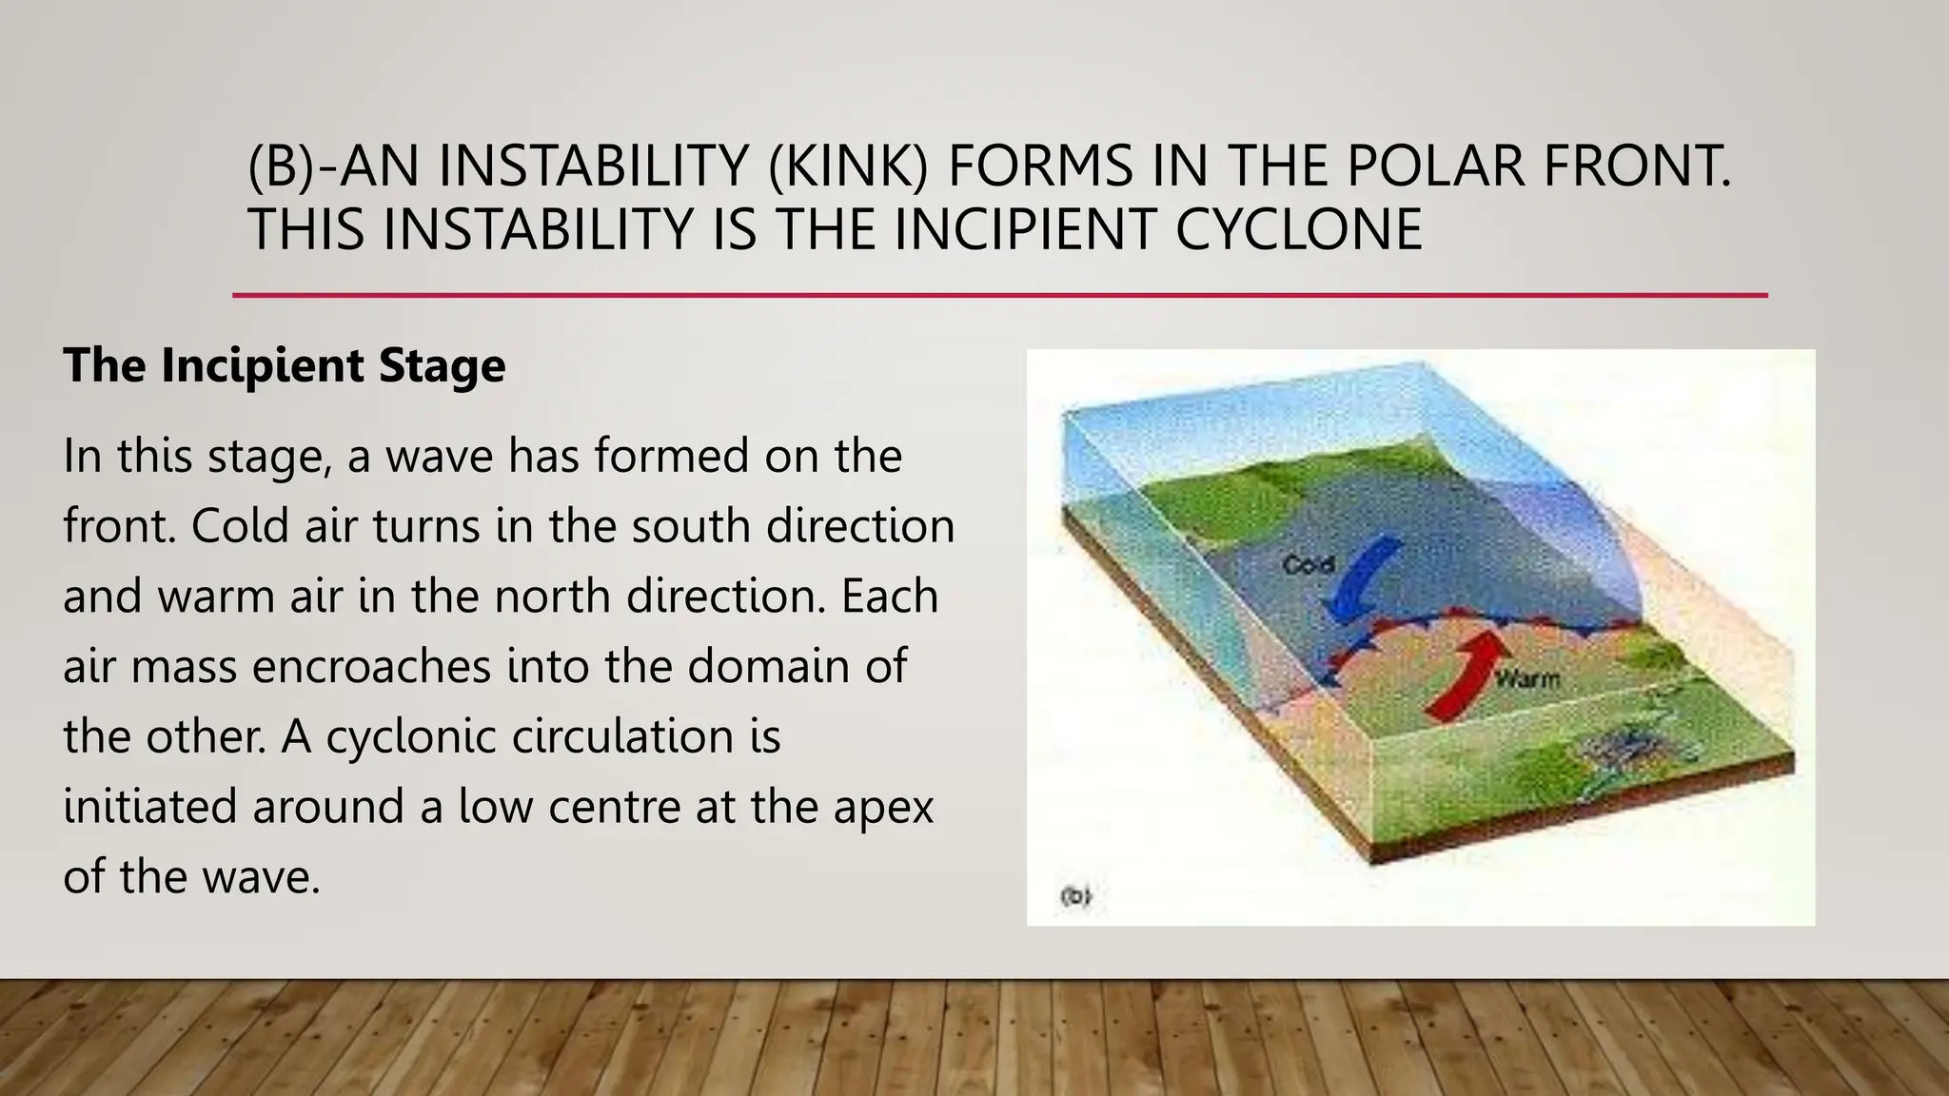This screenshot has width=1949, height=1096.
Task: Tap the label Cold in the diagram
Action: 1308,565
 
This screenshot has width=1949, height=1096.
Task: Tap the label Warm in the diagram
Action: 1526,679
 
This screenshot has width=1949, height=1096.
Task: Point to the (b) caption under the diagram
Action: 1075,896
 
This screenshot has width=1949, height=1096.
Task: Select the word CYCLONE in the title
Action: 1298,229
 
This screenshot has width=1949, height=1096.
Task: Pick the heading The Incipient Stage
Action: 284,365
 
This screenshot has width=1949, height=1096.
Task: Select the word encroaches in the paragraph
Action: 371,666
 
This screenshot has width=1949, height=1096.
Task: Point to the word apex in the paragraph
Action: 884,807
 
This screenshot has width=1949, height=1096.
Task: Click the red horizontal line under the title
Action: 999,296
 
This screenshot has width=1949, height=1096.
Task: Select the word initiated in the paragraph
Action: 150,807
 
